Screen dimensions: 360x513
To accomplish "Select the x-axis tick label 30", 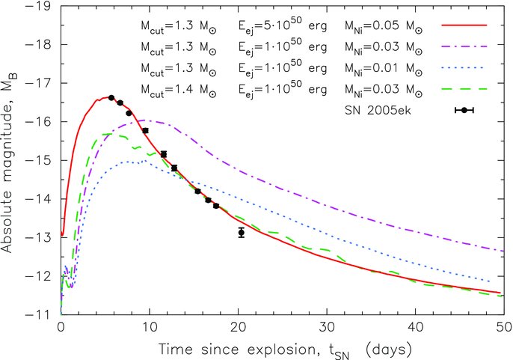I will click(326, 328).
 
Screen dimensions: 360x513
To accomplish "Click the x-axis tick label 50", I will click(503, 328).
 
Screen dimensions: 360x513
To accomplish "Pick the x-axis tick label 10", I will click(149, 328).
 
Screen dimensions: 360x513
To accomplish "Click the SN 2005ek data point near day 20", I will click(241, 233).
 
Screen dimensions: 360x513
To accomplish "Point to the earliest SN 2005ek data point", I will click(111, 97).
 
